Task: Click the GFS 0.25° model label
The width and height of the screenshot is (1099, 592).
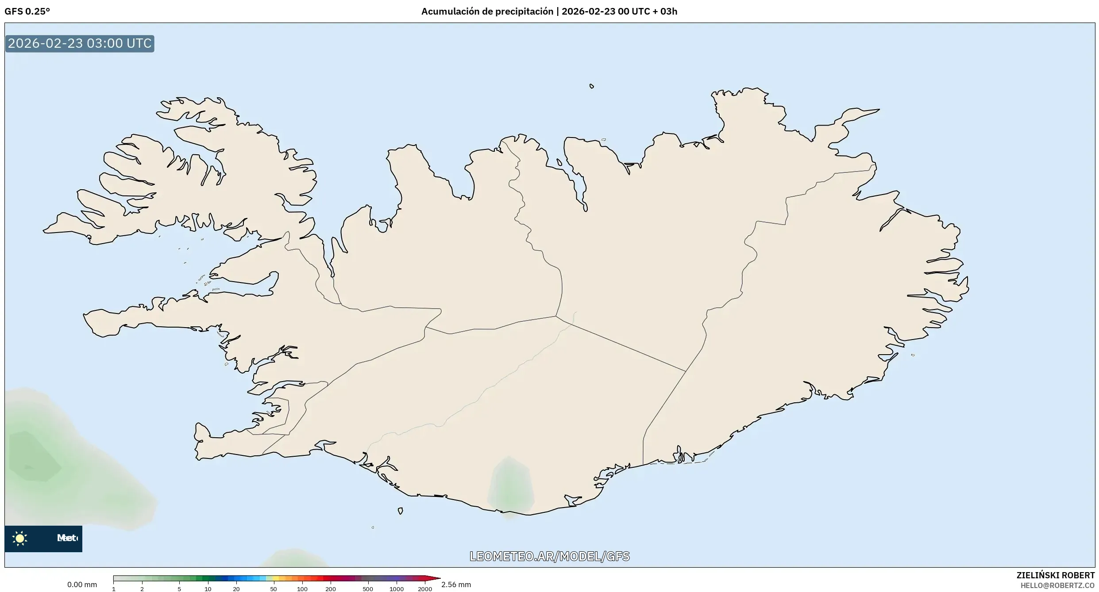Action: coord(27,11)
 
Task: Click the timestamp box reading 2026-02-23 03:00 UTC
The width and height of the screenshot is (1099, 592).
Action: coord(80,43)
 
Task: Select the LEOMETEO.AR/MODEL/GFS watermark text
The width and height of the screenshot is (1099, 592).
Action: coord(549,556)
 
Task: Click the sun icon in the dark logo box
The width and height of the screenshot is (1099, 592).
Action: coord(20,538)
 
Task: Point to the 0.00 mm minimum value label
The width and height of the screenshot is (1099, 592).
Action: coord(82,584)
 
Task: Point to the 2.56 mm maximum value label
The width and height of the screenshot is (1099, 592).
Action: coord(456,584)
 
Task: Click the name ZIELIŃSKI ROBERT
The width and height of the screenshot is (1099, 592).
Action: coord(1055,575)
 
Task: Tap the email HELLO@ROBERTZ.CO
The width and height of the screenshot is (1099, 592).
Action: coord(1057,585)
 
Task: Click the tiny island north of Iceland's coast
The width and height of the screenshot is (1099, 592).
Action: coord(592,86)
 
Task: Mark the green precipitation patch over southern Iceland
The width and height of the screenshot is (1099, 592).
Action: coord(510,486)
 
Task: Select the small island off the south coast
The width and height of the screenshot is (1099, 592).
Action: coord(400,511)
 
